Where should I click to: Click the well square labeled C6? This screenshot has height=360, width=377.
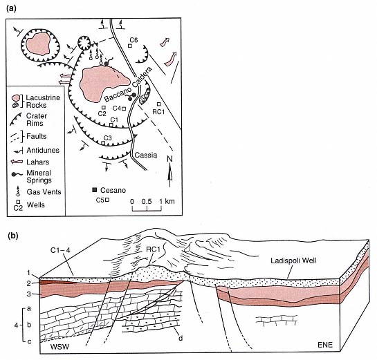(130, 46)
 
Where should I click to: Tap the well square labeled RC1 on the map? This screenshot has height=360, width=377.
(158, 104)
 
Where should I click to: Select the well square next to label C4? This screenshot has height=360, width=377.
(124, 108)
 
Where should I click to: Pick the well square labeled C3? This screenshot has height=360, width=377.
(103, 143)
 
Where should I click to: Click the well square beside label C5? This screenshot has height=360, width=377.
(107, 200)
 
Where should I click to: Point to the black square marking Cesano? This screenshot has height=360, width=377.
(95, 190)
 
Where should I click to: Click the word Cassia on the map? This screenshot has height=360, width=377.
(146, 155)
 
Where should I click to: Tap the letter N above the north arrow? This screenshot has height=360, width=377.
(169, 159)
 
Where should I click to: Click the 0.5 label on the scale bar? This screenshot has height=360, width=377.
(147, 201)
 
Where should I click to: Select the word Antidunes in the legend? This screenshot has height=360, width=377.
(43, 151)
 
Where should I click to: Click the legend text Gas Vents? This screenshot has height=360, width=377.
(44, 192)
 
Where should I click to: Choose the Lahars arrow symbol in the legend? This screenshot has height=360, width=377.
(17, 162)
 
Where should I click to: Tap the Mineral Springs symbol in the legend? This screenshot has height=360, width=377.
(17, 174)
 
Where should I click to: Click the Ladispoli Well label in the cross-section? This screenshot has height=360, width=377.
(293, 260)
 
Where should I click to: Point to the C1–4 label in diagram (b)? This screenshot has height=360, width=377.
(60, 250)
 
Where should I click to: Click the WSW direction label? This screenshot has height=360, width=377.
(59, 347)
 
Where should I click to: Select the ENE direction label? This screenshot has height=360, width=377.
(325, 345)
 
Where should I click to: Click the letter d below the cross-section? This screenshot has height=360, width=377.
(181, 338)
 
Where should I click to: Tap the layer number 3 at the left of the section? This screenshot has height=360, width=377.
(29, 294)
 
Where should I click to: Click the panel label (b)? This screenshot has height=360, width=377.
(13, 236)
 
